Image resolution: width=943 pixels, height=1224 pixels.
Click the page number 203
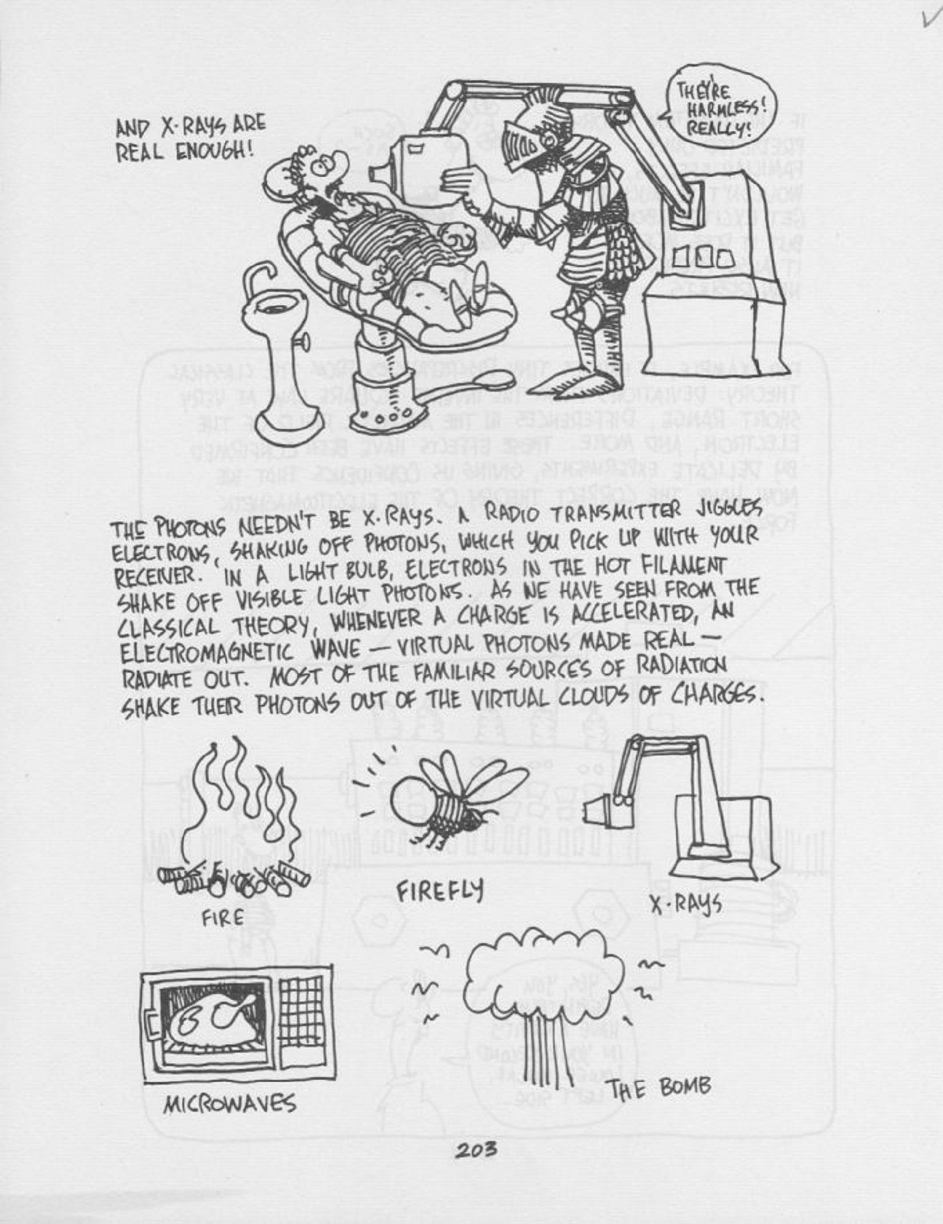[476, 1150]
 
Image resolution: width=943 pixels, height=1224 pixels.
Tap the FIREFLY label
[440, 891]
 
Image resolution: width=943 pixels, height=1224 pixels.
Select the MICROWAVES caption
[229, 1104]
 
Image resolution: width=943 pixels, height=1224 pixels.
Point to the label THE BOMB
[659, 1088]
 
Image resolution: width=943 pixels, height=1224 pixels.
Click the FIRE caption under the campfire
[222, 918]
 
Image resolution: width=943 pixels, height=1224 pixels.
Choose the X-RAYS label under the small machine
[685, 904]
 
